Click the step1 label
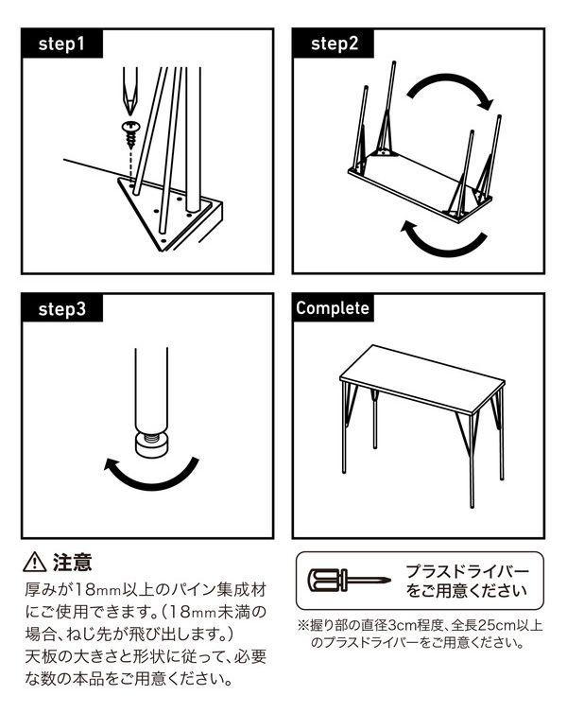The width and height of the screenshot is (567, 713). (x=61, y=44)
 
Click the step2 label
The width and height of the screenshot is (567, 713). (x=335, y=43)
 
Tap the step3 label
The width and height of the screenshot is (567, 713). (x=61, y=309)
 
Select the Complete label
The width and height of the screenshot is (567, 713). (x=333, y=308)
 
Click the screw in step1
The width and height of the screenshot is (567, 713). (x=130, y=134)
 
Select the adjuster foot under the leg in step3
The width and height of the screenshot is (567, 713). (x=151, y=443)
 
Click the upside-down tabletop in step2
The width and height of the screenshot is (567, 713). (x=421, y=186)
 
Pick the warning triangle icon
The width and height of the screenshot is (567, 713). (x=35, y=562)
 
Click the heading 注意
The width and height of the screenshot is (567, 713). (x=73, y=562)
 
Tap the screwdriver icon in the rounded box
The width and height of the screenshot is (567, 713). (x=349, y=580)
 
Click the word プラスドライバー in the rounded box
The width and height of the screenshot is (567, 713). (x=468, y=571)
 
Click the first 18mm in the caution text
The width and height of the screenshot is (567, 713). (x=95, y=590)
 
